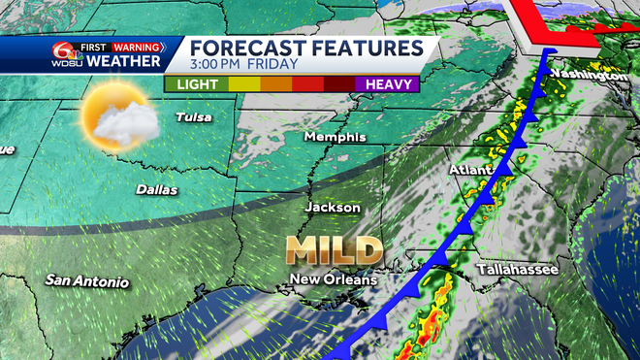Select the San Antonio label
[x=86, y=281]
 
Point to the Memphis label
[x=335, y=137]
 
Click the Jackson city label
[x=333, y=207]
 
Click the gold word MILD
[x=333, y=249]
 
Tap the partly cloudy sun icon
[x=116, y=117]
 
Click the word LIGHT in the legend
[x=197, y=83]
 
